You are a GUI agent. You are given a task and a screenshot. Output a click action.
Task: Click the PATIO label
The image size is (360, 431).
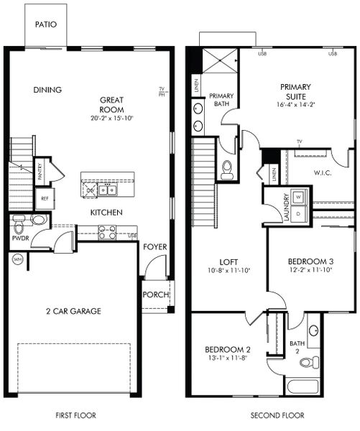pos(45,24)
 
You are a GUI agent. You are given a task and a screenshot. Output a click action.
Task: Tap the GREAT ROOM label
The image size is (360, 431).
pos(112,105)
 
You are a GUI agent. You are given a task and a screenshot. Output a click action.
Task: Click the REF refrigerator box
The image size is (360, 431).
pos(45,198)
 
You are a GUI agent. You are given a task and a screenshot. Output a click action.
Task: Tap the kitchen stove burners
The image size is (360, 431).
pos(106,232)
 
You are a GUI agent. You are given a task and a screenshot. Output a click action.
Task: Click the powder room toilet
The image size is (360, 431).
pos(19,220)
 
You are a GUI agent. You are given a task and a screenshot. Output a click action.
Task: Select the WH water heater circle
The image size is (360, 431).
pos(16,259)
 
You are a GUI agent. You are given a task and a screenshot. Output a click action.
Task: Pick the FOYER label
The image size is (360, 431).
pos(154,247)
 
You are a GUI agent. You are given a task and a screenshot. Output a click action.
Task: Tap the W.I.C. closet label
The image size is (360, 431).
pos(323,172)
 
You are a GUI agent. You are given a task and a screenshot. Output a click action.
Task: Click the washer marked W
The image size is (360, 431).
pos(300,196)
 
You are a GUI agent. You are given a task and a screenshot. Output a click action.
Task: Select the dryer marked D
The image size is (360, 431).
pos(300,213)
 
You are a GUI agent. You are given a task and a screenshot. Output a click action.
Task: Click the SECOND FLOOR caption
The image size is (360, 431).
pos(277,415)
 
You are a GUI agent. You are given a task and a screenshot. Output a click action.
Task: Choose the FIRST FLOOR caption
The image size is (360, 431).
pos(75,415)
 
